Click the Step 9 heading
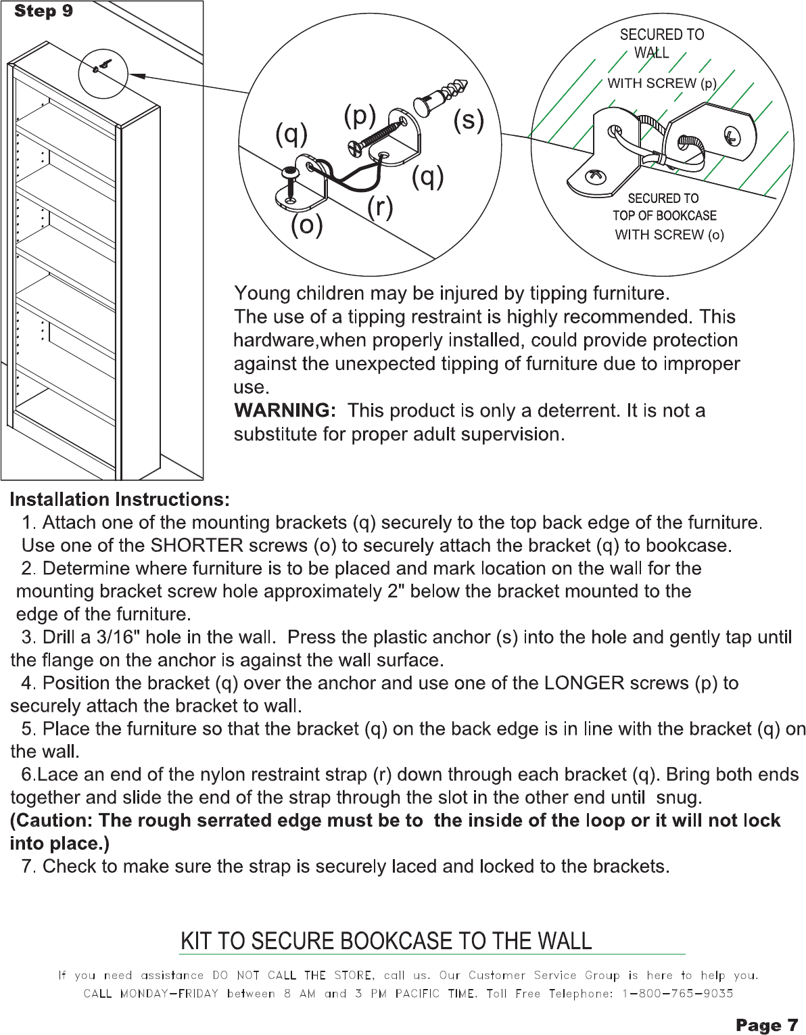click(43, 11)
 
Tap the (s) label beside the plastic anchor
click(469, 120)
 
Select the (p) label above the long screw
click(360, 115)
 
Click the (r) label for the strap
click(380, 206)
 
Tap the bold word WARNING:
click(285, 411)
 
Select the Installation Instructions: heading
click(120, 500)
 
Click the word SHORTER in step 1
click(197, 545)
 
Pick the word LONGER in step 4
click(584, 683)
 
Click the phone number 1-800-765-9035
click(678, 994)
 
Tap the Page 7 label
click(767, 1026)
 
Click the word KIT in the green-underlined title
click(195, 941)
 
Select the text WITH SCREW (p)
click(661, 83)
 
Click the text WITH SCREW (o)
click(669, 235)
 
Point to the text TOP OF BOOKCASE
click(664, 216)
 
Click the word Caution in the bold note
click(54, 821)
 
